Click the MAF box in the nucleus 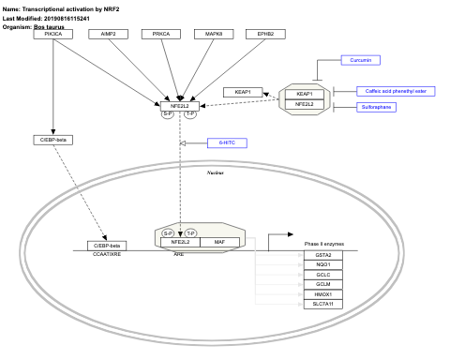(x=218, y=242)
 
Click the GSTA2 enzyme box (x=323, y=255)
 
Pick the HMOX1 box (x=323, y=294)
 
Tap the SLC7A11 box (x=323, y=304)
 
